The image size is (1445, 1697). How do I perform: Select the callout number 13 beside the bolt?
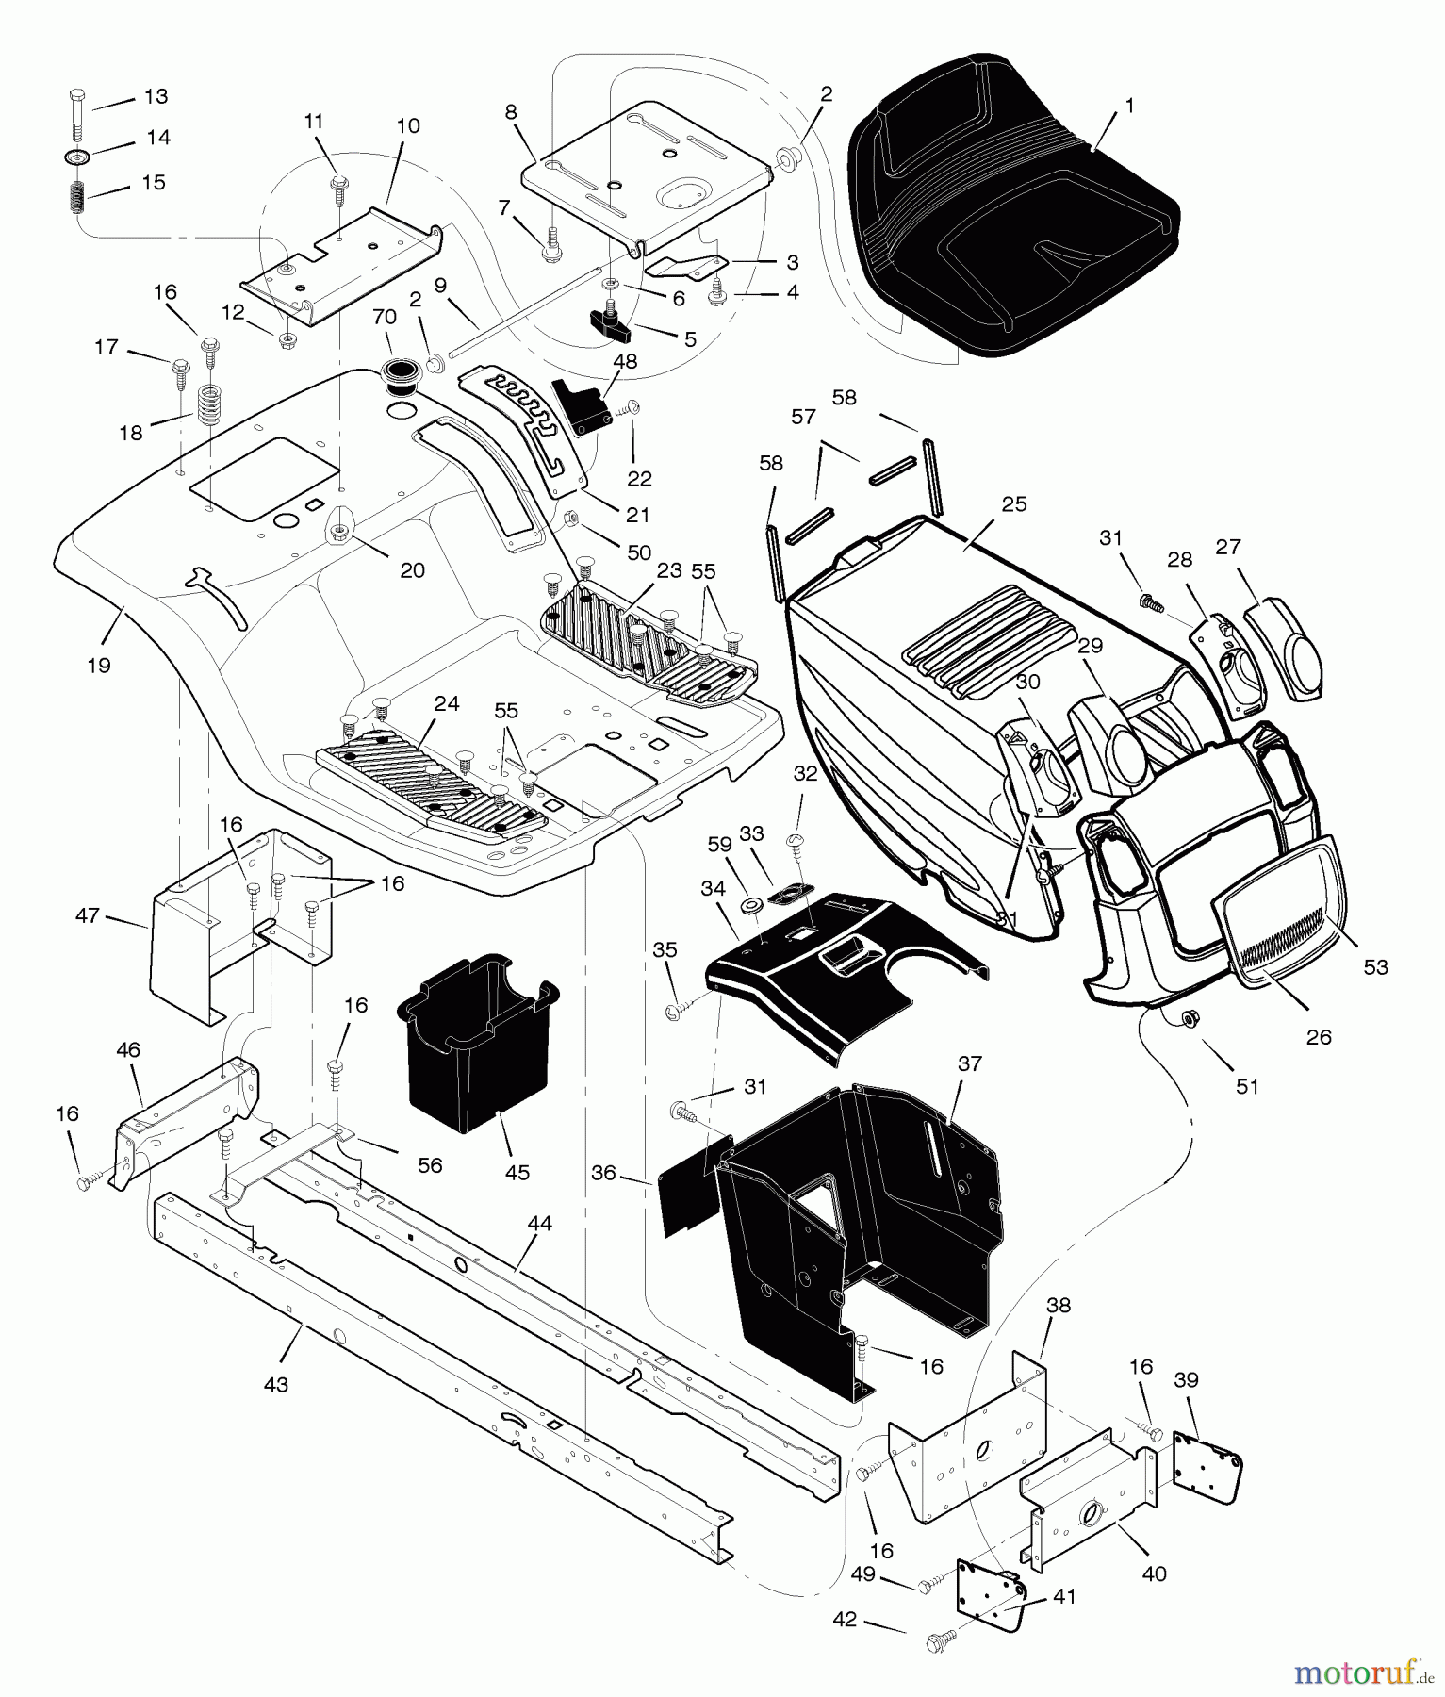[x=156, y=96]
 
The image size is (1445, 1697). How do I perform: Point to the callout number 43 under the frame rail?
[x=275, y=1385]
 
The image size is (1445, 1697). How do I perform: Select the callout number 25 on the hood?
[x=1014, y=504]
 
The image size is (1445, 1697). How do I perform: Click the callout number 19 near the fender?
[x=98, y=666]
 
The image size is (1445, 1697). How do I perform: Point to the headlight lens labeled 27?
[x=1287, y=651]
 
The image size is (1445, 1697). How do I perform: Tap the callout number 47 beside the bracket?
[x=87, y=914]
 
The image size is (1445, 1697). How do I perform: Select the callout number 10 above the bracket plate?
[x=408, y=125]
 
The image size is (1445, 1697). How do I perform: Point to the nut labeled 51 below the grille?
[x=1190, y=1018]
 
